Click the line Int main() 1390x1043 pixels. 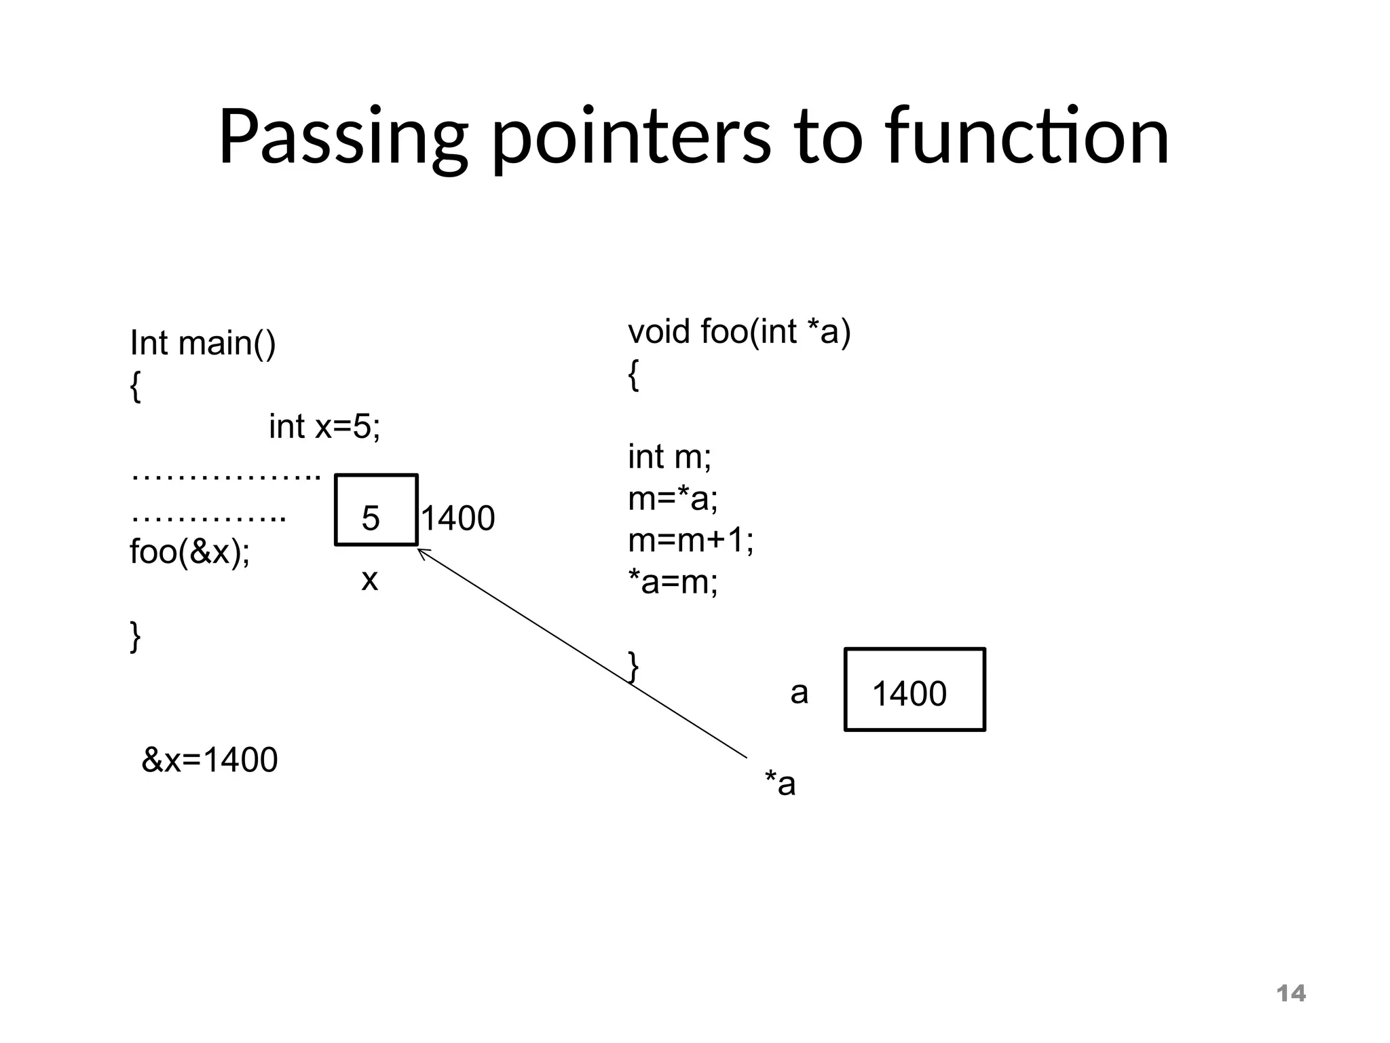[202, 343]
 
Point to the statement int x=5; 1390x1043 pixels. [324, 426]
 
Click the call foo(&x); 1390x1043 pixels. [189, 551]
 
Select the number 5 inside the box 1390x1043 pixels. [371, 518]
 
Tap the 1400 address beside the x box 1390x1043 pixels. [459, 518]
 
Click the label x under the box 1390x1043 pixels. [369, 580]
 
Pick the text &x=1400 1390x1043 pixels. [209, 759]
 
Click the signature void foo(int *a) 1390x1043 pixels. [738, 332]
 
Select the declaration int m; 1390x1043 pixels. [669, 456]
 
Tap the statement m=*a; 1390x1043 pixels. [672, 498]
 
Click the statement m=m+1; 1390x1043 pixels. [690, 541]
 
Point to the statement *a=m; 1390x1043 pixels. [672, 582]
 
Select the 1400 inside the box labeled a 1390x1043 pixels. [909, 693]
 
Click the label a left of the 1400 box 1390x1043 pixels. [799, 693]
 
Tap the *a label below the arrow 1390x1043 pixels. [780, 784]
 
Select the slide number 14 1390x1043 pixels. [1290, 993]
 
